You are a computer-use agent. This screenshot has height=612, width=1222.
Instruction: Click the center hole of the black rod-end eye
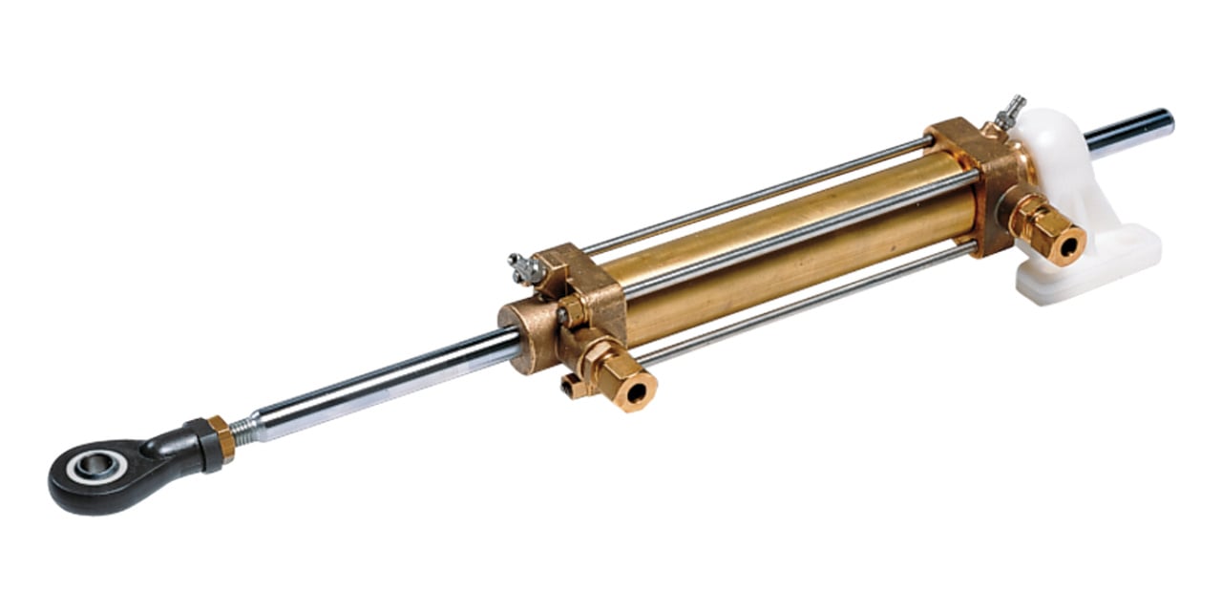(x=93, y=467)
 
